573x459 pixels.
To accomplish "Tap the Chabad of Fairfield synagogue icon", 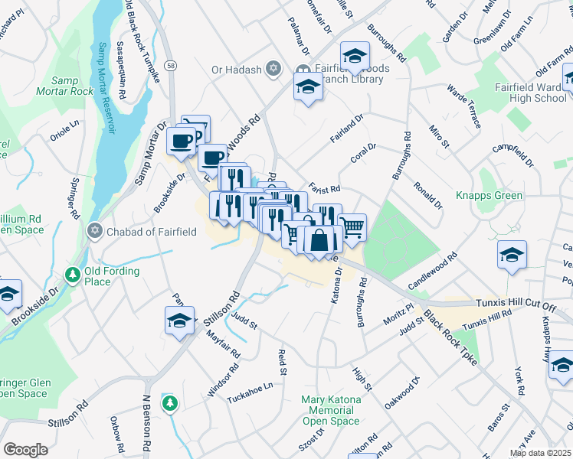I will pyautogui.click(x=95, y=230).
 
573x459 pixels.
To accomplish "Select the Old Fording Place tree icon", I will pyautogui.click(x=73, y=274).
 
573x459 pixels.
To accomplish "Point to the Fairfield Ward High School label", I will pyautogui.click(x=531, y=93).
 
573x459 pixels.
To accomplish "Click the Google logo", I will pyautogui.click(x=25, y=449).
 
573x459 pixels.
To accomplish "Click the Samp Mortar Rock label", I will pyautogui.click(x=71, y=86).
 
